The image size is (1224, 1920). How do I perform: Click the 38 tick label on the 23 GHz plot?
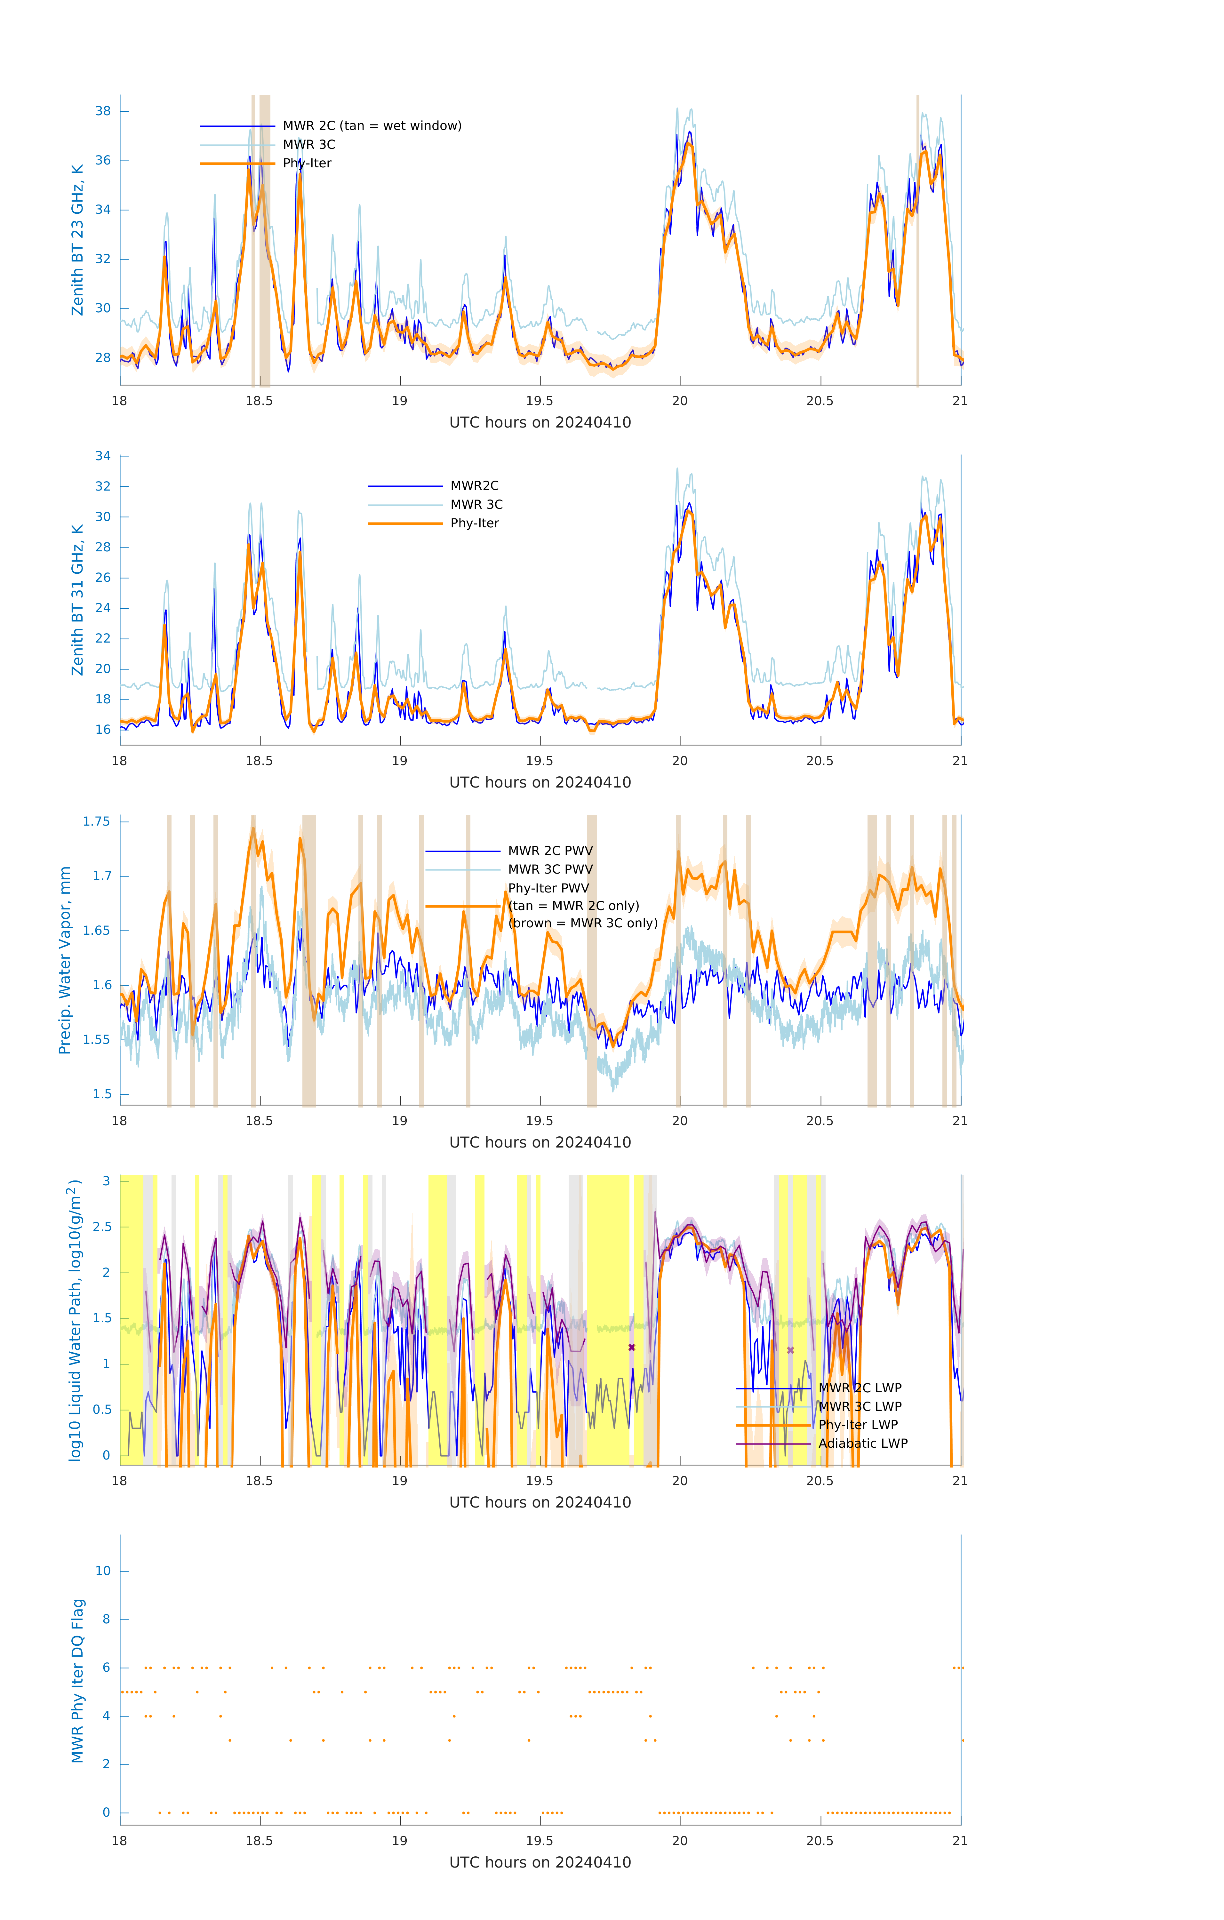(x=103, y=111)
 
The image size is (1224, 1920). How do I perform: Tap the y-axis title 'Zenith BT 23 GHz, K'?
(x=77, y=240)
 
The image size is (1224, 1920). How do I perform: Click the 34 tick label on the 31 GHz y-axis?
(x=103, y=456)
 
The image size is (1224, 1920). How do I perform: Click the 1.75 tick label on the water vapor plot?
(x=97, y=821)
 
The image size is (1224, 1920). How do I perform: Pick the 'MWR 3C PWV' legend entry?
(x=550, y=869)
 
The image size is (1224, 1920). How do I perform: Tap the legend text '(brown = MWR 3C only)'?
(x=583, y=923)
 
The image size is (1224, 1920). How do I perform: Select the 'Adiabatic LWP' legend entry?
(x=863, y=1443)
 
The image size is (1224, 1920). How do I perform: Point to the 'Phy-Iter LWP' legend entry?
(x=858, y=1425)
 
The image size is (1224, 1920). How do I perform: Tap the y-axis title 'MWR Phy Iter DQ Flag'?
(x=77, y=1681)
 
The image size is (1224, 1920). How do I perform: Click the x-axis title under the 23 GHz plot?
(x=540, y=423)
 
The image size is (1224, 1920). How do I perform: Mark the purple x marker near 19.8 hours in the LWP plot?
(x=632, y=1348)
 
